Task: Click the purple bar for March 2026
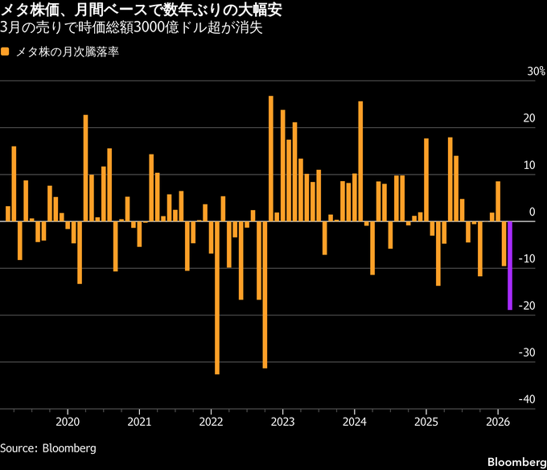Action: pos(510,265)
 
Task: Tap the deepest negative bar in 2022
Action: pos(217,297)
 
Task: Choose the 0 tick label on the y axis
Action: pos(531,212)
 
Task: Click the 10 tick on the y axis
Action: pos(528,165)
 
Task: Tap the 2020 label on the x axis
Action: pos(68,420)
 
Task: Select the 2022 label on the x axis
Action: pos(211,420)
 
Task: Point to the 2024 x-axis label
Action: pos(354,420)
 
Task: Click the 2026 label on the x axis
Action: pos(497,420)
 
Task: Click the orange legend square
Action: pos(6,52)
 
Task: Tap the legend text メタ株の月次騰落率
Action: pos(68,52)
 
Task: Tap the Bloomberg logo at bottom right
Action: pos(515,461)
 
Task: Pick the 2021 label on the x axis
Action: pos(139,420)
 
